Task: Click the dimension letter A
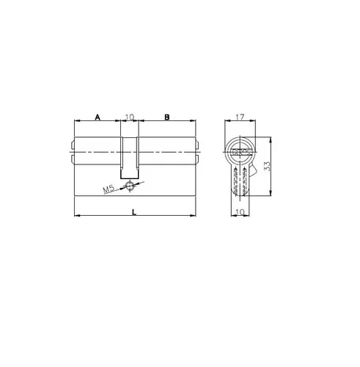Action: point(98,117)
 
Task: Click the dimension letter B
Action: point(166,117)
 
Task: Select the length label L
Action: point(134,212)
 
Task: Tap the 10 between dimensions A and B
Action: point(130,117)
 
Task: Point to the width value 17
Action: point(240,117)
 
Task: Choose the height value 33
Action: point(268,166)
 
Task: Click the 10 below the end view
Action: point(240,212)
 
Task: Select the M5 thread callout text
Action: point(109,189)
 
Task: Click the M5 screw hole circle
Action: point(130,186)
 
